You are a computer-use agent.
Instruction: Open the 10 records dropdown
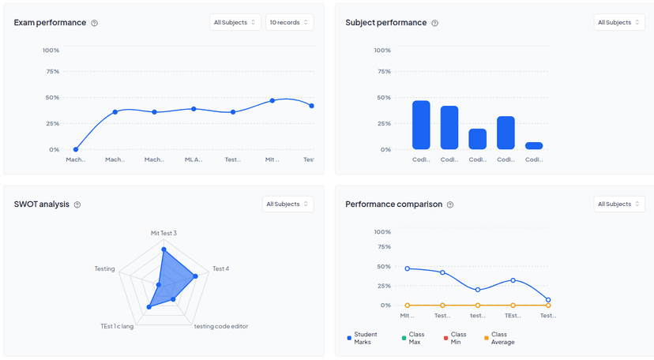(289, 22)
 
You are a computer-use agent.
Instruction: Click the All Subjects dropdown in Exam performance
(235, 22)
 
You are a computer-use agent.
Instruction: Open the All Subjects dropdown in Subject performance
(619, 22)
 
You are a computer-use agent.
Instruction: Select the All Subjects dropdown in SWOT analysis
(288, 204)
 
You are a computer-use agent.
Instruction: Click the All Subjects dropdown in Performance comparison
(619, 204)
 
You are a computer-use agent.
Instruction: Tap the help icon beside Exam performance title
(95, 23)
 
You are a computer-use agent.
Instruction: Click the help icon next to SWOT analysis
(77, 204)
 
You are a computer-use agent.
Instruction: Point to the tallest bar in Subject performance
(421, 125)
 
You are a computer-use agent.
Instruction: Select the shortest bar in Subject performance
(534, 145)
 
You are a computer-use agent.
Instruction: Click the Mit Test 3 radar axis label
(163, 233)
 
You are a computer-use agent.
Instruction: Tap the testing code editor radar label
(221, 326)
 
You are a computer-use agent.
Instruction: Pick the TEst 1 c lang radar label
(117, 326)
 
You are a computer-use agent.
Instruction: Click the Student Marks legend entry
(366, 338)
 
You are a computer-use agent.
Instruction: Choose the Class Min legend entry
(458, 338)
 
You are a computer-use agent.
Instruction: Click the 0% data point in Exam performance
(76, 149)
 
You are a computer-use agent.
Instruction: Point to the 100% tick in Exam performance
(51, 50)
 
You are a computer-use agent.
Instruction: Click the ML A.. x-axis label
(194, 159)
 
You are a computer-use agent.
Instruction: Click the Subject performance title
(385, 23)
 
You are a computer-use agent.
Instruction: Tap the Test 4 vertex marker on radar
(194, 276)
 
